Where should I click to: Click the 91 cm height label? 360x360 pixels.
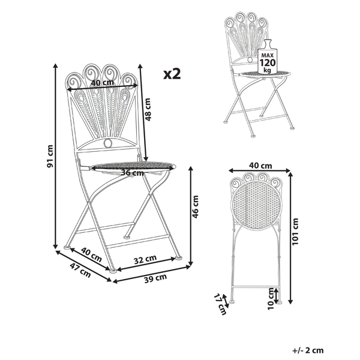point(50,156)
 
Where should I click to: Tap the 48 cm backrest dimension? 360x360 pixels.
point(148,110)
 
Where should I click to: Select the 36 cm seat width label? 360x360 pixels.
point(132,172)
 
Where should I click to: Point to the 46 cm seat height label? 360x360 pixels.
point(195,206)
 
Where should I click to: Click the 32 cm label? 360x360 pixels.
point(145,259)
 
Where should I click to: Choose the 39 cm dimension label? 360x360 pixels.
point(155,278)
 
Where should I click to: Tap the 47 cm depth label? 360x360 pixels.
point(80,270)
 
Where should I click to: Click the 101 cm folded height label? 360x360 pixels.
point(295,231)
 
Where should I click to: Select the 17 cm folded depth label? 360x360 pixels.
point(220,304)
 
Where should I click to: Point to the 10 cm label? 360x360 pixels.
point(271,298)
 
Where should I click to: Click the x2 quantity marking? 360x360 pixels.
point(172,74)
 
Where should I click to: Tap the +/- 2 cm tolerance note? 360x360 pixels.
point(308,350)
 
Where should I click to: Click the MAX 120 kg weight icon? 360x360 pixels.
point(267,57)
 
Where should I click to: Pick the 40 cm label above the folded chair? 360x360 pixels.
point(260,166)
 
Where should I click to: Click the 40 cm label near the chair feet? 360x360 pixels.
point(91,254)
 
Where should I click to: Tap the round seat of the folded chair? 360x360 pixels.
point(256,203)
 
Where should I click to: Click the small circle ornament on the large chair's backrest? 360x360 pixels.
point(108,143)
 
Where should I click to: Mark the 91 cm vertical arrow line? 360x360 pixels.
point(55,156)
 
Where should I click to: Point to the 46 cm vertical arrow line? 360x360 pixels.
point(190,216)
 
